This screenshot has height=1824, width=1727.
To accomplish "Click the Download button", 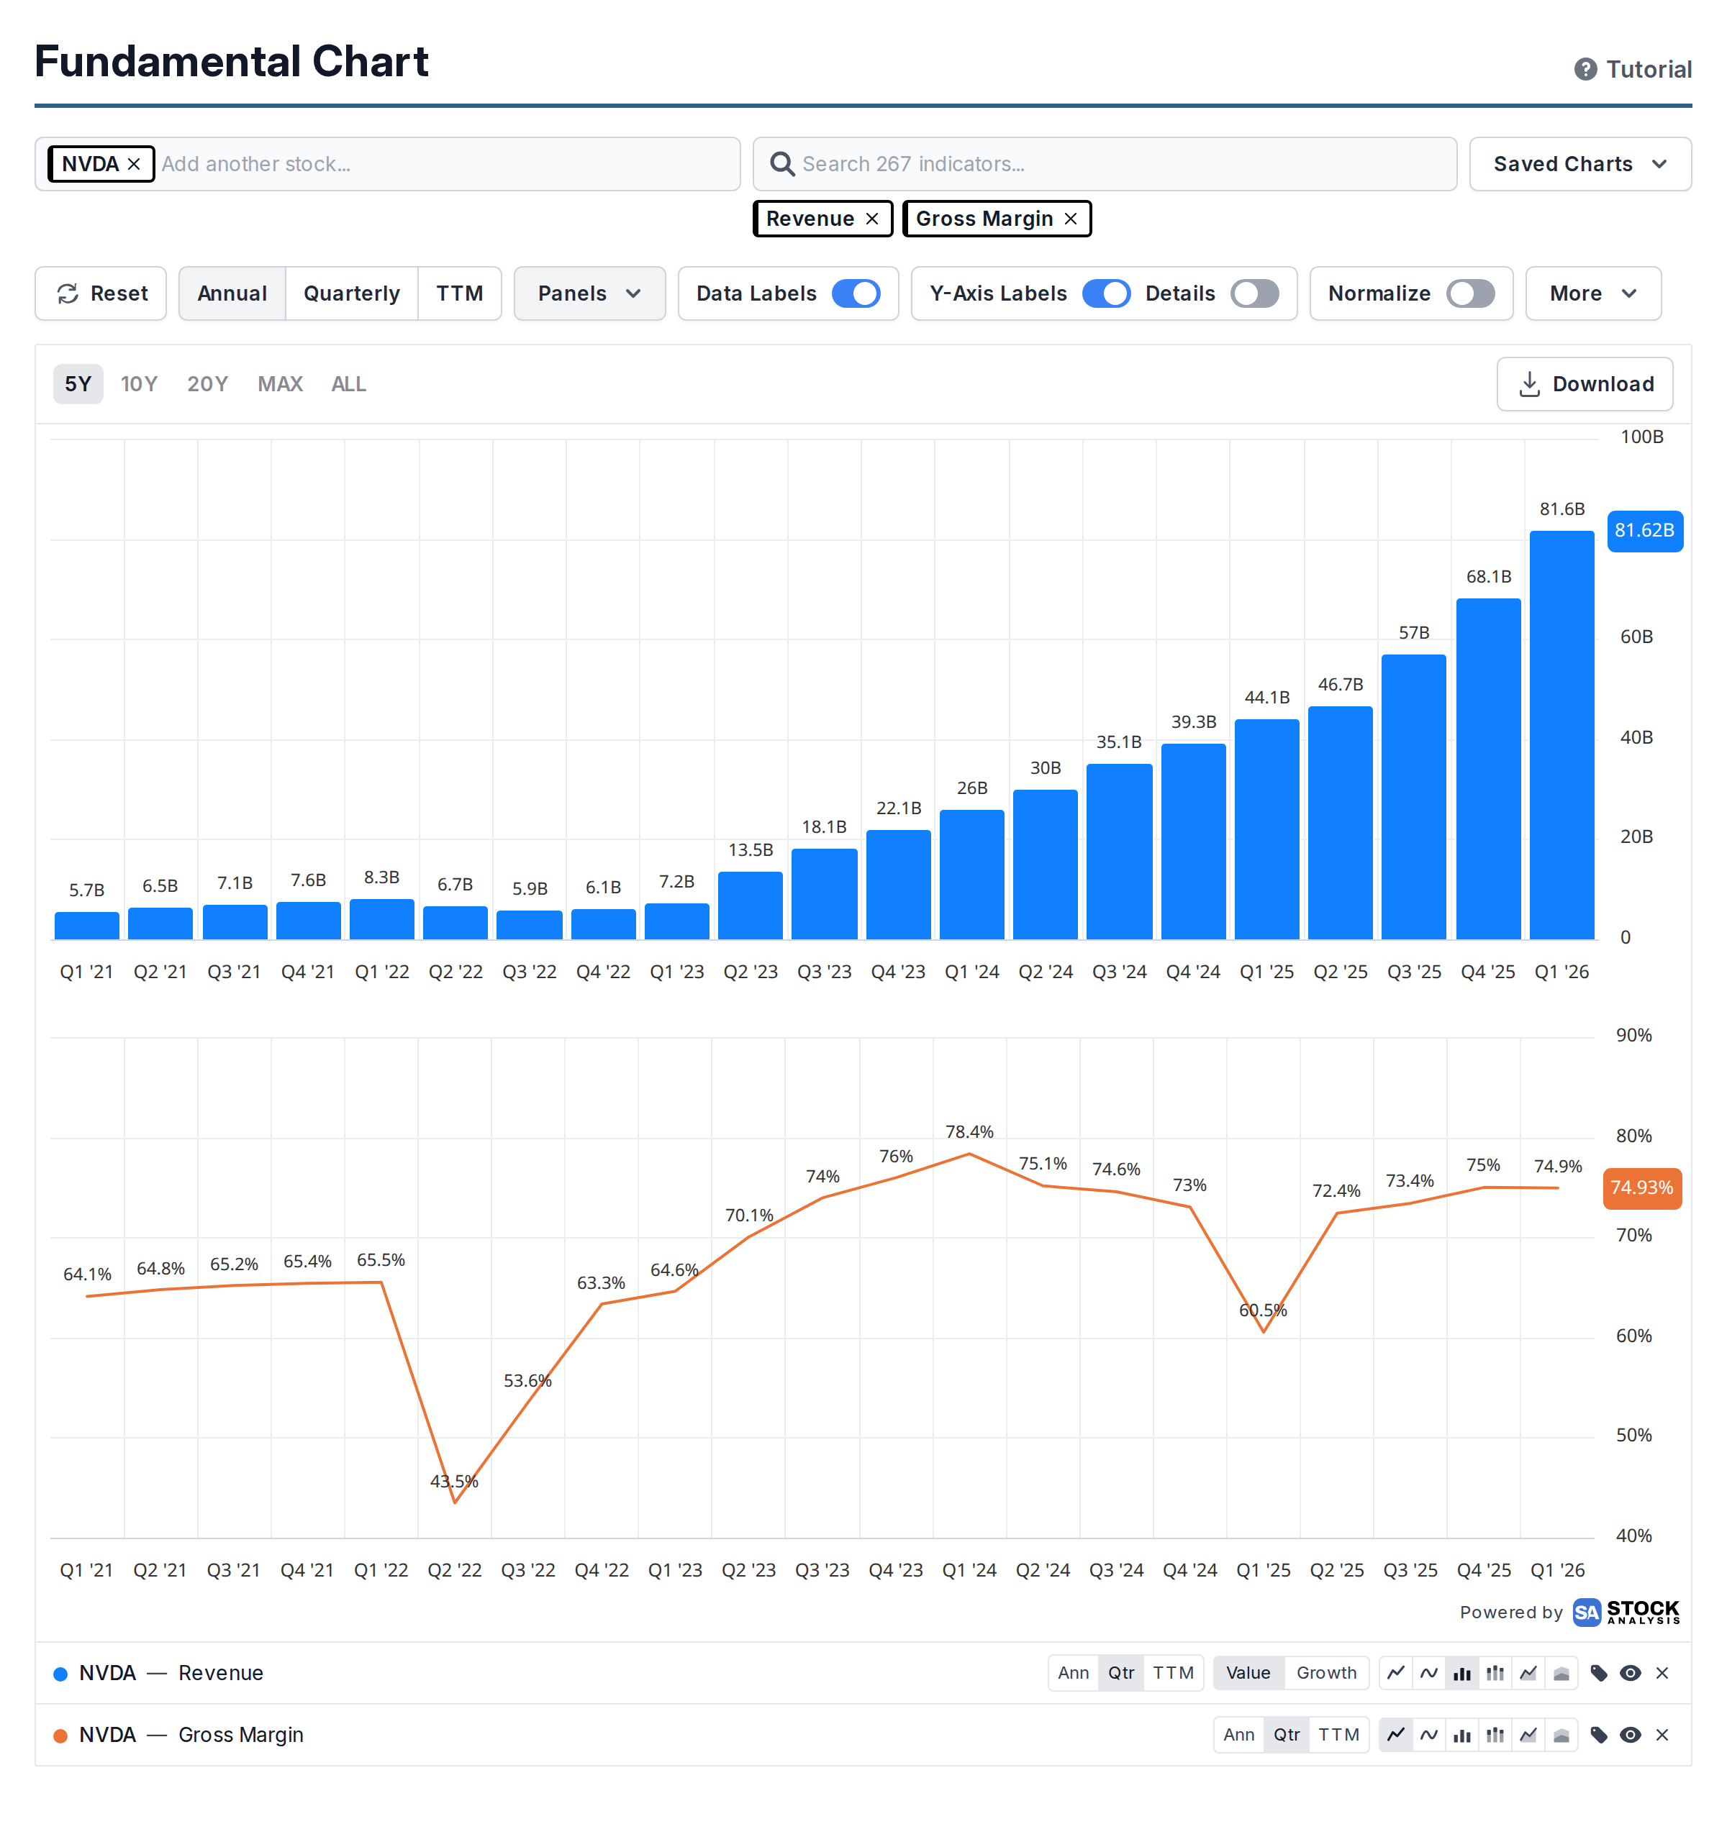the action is point(1585,384).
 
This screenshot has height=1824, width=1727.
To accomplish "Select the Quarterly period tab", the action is point(352,293).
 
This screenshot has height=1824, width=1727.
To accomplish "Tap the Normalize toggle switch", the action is point(1470,293).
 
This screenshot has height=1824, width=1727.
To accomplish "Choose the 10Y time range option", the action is point(139,384).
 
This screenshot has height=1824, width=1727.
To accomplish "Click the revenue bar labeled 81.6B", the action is point(1561,734).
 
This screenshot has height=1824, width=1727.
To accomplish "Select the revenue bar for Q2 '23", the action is point(751,905).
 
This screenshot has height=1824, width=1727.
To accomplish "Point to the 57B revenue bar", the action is point(1414,797).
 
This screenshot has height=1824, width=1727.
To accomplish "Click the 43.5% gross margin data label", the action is point(454,1481).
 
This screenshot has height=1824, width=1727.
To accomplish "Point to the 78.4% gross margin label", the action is point(969,1131).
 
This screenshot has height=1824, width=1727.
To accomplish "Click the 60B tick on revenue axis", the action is point(1636,637).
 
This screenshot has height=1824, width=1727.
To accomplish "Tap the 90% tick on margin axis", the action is point(1634,1035).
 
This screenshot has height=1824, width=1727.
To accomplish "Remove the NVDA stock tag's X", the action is point(134,164).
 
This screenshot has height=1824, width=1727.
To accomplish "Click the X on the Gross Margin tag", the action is point(1071,219).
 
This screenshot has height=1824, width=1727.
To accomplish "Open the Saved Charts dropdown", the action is point(1579,164).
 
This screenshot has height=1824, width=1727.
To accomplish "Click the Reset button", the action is point(101,293).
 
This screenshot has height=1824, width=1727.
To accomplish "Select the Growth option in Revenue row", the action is point(1325,1672).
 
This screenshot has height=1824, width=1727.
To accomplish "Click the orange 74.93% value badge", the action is point(1642,1188).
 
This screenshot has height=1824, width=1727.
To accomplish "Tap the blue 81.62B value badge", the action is point(1644,531).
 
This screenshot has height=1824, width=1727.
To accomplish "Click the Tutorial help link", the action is point(1633,70).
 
